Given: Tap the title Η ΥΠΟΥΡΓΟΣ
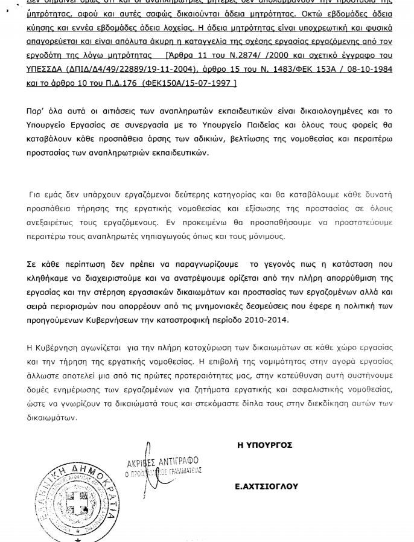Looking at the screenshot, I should point(265,445).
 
